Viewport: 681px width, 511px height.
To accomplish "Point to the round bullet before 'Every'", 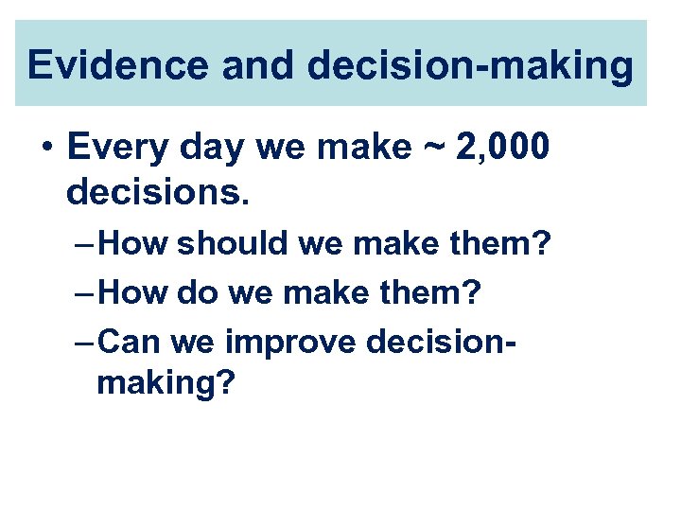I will click(x=46, y=149).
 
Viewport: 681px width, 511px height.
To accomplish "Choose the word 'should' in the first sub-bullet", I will click(x=234, y=243).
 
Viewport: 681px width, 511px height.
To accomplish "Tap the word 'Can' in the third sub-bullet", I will click(x=131, y=342).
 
